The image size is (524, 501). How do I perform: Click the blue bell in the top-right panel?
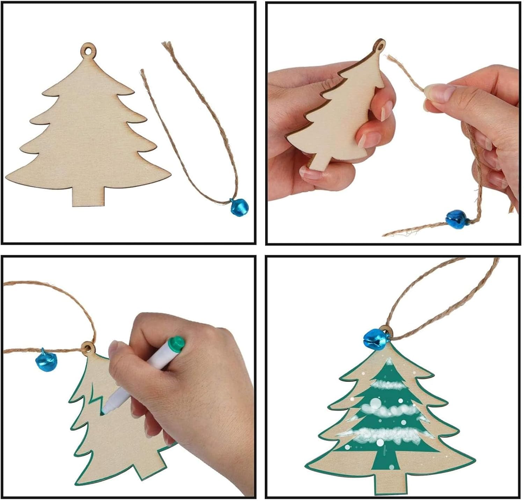[456, 219]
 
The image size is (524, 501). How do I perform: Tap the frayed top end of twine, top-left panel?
[167, 45]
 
